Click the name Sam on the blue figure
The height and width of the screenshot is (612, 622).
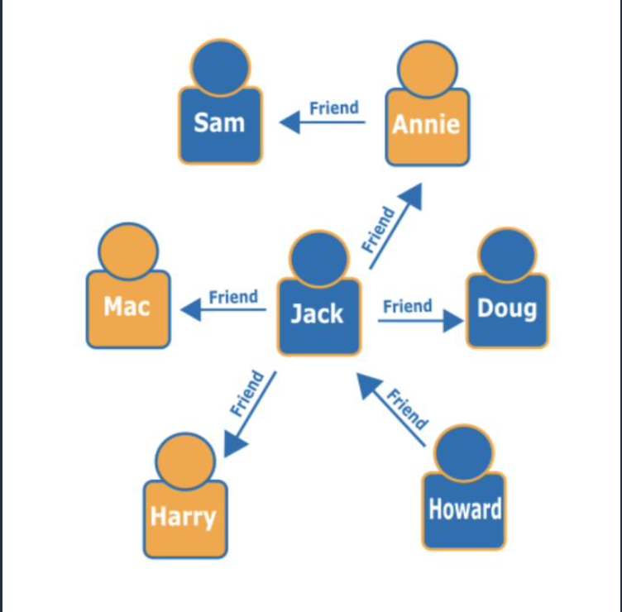click(x=219, y=122)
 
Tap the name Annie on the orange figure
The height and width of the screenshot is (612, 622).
click(x=426, y=124)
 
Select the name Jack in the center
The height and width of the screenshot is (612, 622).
click(x=317, y=313)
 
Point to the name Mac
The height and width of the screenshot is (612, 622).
click(x=127, y=307)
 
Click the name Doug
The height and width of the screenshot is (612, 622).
click(x=506, y=308)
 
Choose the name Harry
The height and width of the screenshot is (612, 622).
click(x=183, y=517)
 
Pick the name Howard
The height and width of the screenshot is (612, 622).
click(x=464, y=509)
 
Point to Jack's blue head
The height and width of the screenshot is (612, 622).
click(x=319, y=259)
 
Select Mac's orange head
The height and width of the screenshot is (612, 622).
click(x=127, y=251)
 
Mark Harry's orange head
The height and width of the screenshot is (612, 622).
click(x=184, y=461)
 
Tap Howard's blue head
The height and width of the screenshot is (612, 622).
click(x=464, y=452)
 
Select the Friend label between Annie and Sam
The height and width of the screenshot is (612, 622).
click(x=333, y=108)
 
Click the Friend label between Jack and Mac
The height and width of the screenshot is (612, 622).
click(x=233, y=296)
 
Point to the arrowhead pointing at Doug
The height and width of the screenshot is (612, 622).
click(x=453, y=321)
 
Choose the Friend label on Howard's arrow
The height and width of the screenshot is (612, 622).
click(x=407, y=409)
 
